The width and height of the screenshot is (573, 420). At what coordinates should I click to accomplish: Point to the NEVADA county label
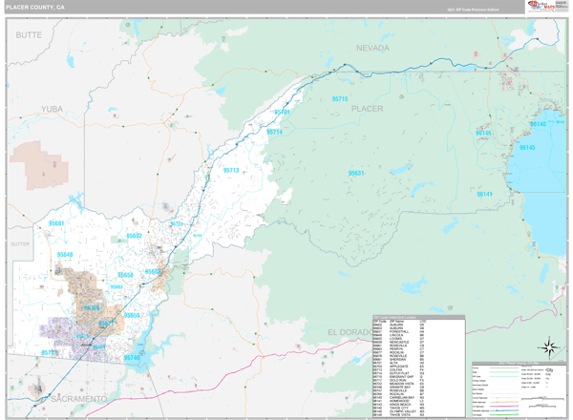tap(373, 47)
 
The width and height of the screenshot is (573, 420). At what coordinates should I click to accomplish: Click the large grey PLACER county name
tap(368, 109)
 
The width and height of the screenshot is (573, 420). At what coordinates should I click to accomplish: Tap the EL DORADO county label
tap(346, 330)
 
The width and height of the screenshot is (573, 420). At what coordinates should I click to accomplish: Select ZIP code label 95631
tap(357, 173)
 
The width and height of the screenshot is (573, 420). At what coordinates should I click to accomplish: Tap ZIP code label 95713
tap(231, 170)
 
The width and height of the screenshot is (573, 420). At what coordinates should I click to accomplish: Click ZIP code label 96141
tap(484, 194)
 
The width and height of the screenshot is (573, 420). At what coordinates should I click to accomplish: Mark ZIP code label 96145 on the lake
tap(526, 148)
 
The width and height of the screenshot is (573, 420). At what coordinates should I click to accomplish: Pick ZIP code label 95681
tap(56, 223)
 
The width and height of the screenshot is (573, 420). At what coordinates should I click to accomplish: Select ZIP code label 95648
tap(64, 255)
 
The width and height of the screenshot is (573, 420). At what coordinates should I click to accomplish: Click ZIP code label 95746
tap(131, 358)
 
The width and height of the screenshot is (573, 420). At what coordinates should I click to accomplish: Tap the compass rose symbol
tap(550, 347)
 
